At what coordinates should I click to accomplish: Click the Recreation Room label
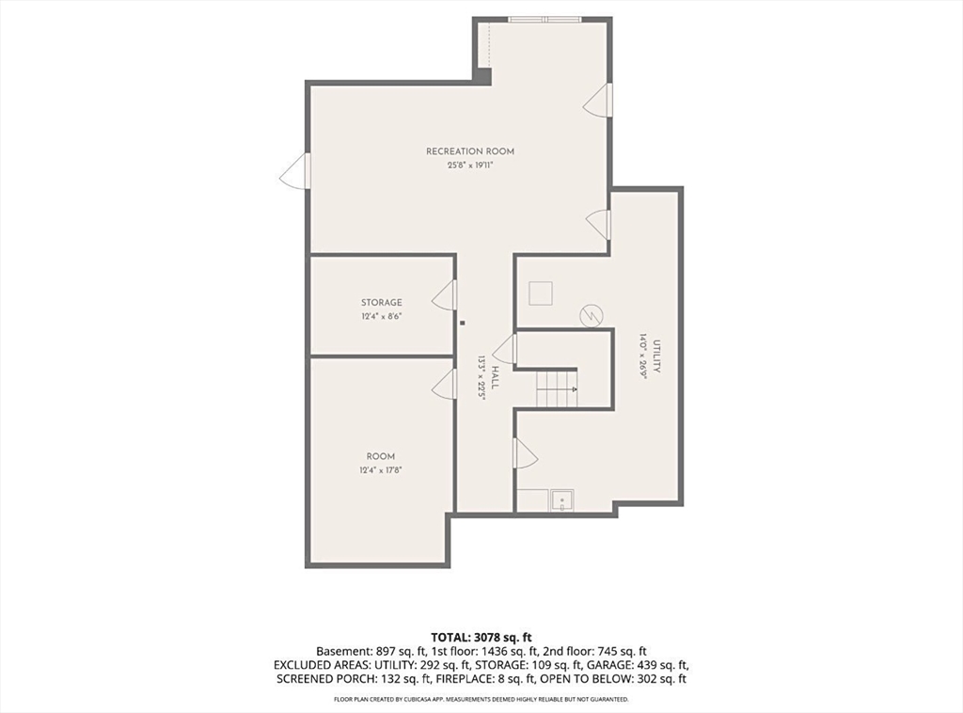[470, 151]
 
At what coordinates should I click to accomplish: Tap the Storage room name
[382, 303]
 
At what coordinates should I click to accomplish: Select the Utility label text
[656, 356]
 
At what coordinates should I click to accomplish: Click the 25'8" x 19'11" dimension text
[470, 166]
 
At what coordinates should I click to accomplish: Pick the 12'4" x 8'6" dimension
[382, 317]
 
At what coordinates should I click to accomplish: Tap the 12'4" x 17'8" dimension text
[381, 470]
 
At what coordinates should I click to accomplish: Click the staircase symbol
[557, 389]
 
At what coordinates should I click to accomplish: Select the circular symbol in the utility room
[592, 316]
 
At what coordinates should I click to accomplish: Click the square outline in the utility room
[541, 293]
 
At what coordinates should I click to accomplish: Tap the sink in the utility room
[562, 499]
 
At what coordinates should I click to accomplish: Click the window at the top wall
[545, 20]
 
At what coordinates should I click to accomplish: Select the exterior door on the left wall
[294, 171]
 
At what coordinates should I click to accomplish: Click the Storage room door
[445, 295]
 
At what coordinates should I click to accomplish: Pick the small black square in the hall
[463, 323]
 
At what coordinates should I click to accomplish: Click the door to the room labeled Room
[445, 385]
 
